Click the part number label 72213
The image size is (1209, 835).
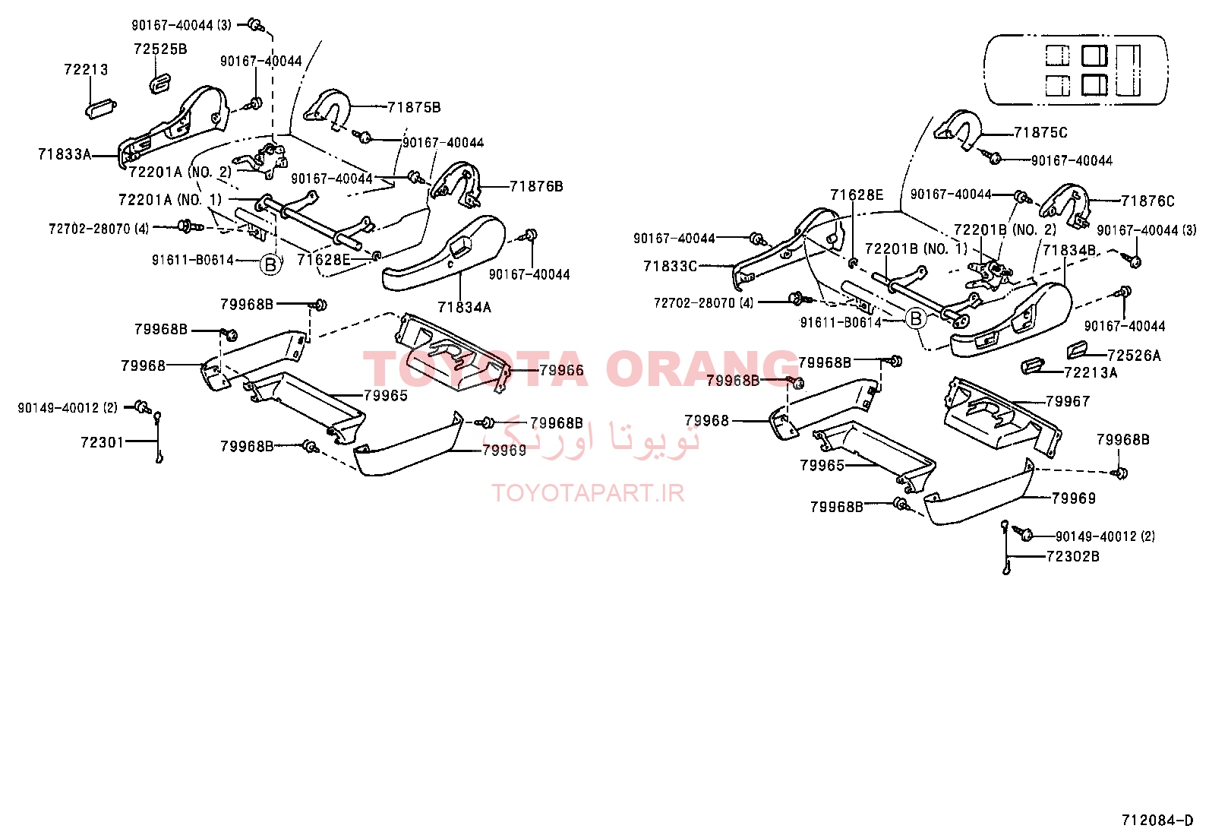(x=86, y=69)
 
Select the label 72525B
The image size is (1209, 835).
(x=160, y=49)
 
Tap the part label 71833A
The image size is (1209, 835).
(x=65, y=154)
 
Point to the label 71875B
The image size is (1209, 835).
(x=414, y=107)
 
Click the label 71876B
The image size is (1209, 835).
(x=536, y=186)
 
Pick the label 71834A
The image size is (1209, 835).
(x=464, y=307)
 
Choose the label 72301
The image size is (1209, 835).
(x=103, y=442)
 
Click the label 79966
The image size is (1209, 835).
(x=561, y=370)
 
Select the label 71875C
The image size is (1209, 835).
(x=1040, y=132)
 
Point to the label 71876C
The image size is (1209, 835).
(x=1147, y=201)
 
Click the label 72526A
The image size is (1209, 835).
(x=1134, y=356)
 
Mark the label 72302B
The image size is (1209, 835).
(x=1073, y=556)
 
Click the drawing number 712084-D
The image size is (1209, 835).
(x=1157, y=821)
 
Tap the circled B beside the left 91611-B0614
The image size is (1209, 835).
(x=270, y=264)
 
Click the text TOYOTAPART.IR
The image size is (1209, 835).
(x=588, y=493)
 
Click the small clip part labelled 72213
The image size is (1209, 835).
(x=101, y=108)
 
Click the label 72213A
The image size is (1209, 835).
(x=1091, y=372)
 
